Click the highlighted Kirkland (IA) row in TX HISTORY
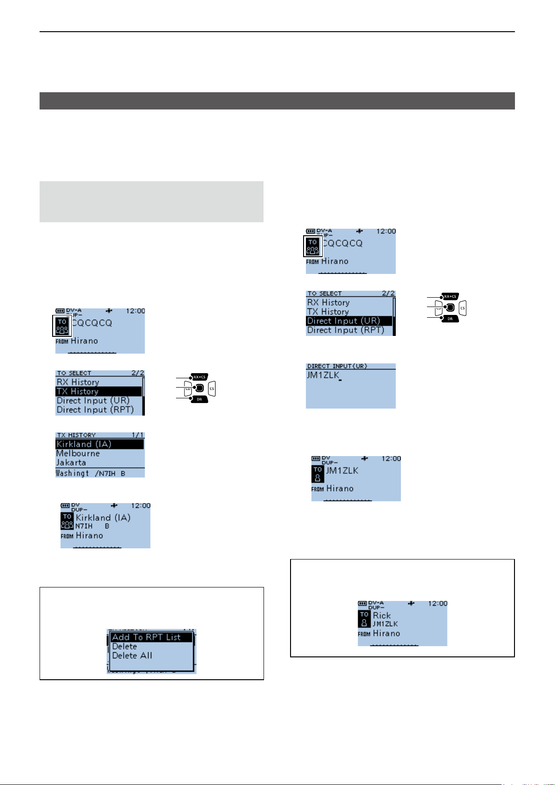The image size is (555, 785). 99,444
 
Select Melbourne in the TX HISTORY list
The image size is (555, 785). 78,453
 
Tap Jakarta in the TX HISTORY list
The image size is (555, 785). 71,463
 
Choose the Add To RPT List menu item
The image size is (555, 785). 146,637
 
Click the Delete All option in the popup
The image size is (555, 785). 132,655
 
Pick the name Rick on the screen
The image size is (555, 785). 382,615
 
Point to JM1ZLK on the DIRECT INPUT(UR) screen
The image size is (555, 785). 323,375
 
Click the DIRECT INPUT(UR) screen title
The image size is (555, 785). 337,366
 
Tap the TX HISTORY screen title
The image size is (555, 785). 76,435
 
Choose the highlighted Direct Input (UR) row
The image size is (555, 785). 349,321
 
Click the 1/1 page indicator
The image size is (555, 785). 138,435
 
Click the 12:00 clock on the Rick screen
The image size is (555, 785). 437,603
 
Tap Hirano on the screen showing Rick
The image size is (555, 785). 386,634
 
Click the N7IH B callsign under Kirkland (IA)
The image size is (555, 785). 92,526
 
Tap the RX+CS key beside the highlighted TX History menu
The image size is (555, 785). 199,376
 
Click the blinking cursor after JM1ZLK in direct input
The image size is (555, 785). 340,381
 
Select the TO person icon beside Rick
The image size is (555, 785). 364,619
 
